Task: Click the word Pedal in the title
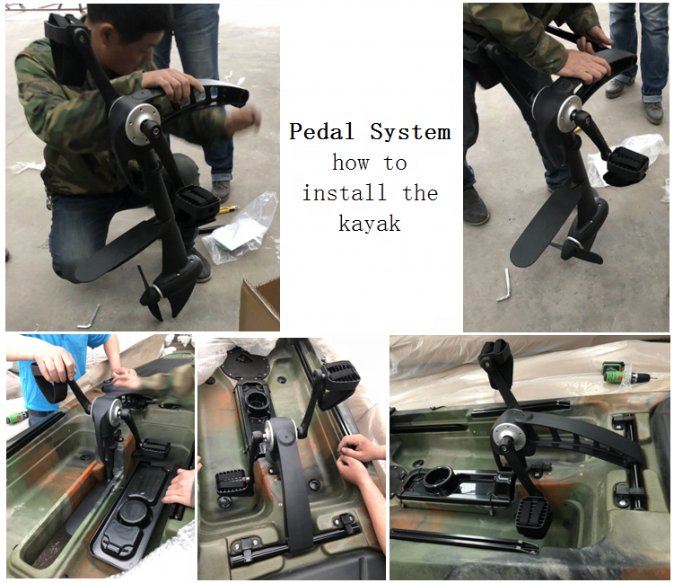pyautogui.click(x=321, y=131)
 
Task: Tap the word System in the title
pyautogui.click(x=410, y=132)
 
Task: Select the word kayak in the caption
pyautogui.click(x=370, y=224)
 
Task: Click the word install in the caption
pyautogui.click(x=344, y=192)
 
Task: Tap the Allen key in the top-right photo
pyautogui.click(x=503, y=287)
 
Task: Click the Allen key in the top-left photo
pyautogui.click(x=89, y=318)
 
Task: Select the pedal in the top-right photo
pyautogui.click(x=626, y=164)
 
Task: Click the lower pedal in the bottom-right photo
pyautogui.click(x=533, y=516)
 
